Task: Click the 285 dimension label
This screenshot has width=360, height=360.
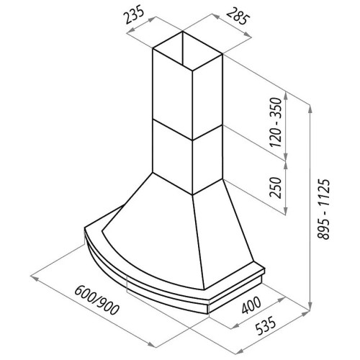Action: pyautogui.click(x=236, y=16)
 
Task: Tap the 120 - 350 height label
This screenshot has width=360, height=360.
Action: pyautogui.click(x=275, y=122)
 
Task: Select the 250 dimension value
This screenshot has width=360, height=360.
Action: pyautogui.click(x=275, y=187)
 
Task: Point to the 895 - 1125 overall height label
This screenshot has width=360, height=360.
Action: pyautogui.click(x=324, y=209)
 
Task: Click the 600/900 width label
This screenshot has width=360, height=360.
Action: pyautogui.click(x=96, y=300)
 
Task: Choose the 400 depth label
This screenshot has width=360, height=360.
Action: pyautogui.click(x=251, y=305)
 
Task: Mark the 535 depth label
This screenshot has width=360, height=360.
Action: pyautogui.click(x=266, y=325)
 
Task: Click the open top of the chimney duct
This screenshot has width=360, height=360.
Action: pyautogui.click(x=187, y=51)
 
